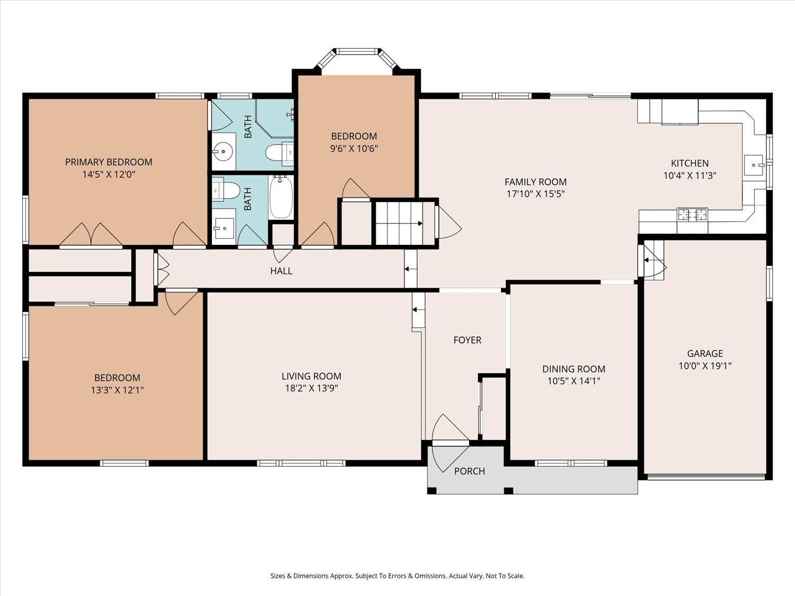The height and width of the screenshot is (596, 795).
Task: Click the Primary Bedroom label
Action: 109,162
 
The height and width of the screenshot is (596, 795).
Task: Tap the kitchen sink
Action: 753,165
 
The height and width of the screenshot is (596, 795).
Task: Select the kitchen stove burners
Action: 692,215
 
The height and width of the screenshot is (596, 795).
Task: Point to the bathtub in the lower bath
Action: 281,198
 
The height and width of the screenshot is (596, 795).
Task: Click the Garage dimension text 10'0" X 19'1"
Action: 705,366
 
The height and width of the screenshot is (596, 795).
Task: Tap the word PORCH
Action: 470,471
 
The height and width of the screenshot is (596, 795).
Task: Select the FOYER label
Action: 467,340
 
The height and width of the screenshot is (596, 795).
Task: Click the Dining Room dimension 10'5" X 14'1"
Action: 573,381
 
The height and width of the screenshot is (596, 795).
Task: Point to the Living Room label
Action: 311,376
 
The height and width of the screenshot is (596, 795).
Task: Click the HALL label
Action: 281,271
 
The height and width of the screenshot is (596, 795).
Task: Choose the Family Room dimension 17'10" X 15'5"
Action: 535,194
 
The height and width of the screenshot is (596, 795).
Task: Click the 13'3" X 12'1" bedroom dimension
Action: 117,390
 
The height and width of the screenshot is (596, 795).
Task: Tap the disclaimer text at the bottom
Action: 397,576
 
